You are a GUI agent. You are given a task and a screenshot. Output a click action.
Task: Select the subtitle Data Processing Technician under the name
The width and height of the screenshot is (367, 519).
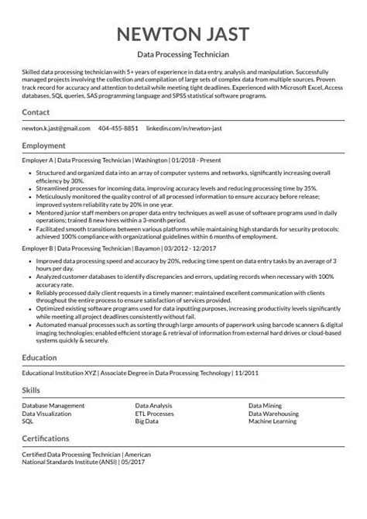(183, 56)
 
